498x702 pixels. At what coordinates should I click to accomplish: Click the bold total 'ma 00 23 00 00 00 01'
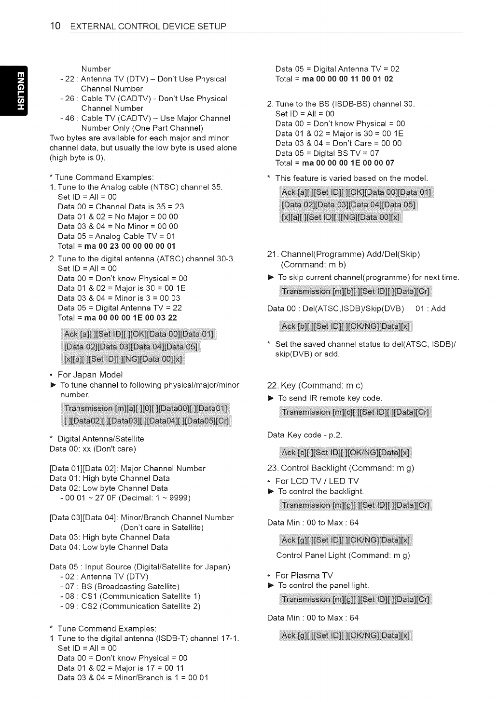click(x=130, y=246)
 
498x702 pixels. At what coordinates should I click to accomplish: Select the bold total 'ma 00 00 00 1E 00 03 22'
click(x=130, y=318)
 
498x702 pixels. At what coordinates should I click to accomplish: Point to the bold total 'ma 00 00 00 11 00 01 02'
click(x=347, y=79)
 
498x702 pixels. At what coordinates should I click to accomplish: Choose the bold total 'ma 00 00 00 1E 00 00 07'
click(x=348, y=163)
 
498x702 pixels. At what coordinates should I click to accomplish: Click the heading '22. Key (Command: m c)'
click(x=315, y=385)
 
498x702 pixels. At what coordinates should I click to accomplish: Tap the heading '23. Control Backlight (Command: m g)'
click(x=340, y=468)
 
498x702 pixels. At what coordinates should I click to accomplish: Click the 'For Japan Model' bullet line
click(x=90, y=375)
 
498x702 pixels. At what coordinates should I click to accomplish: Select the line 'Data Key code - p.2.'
click(x=304, y=435)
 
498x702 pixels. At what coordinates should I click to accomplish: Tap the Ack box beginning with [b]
click(x=346, y=326)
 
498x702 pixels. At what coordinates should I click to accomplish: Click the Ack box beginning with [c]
click(x=346, y=452)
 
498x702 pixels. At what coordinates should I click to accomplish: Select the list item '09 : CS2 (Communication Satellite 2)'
click(x=130, y=606)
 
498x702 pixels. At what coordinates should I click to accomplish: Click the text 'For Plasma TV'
click(x=304, y=575)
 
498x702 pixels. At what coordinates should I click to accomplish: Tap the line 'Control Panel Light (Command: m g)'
click(x=343, y=555)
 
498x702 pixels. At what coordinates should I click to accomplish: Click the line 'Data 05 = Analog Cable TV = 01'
click(x=116, y=236)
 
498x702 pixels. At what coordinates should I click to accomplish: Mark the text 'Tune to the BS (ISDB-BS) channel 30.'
click(x=345, y=104)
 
